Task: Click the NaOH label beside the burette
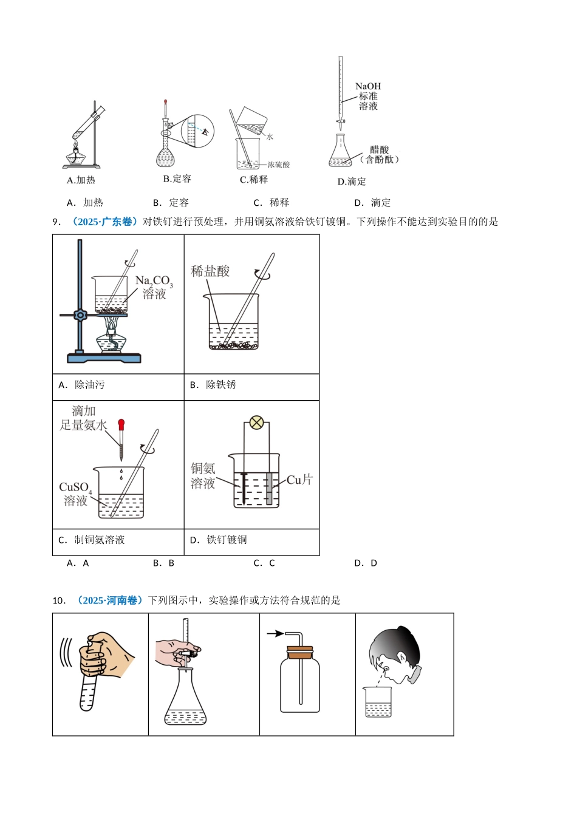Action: (x=368, y=86)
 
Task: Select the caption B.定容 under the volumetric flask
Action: (x=177, y=178)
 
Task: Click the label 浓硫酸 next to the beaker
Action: (x=279, y=165)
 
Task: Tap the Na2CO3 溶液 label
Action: (x=154, y=287)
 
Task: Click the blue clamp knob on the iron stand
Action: (x=80, y=315)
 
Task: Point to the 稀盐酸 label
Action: (x=210, y=271)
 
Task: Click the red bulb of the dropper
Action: (x=121, y=424)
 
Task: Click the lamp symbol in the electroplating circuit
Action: (x=257, y=423)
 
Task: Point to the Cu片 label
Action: (x=299, y=480)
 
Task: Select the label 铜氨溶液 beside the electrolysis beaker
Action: (x=203, y=475)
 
